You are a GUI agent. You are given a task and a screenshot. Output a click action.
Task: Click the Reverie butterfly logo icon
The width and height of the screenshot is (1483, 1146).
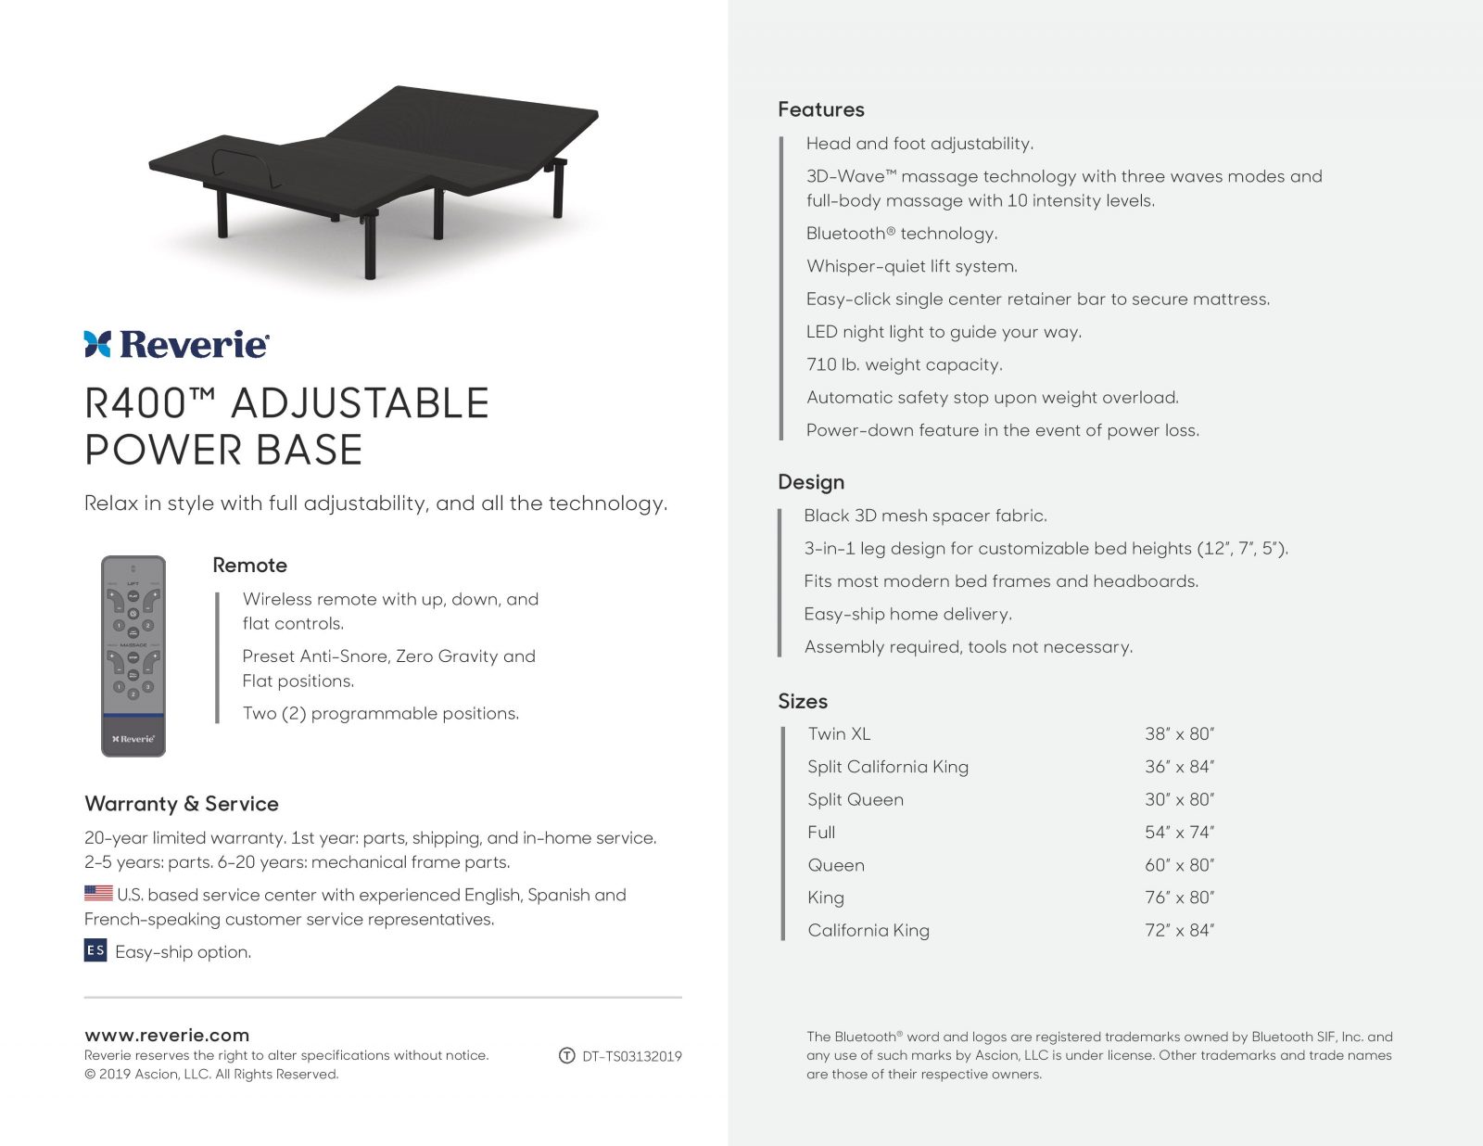pos(97,344)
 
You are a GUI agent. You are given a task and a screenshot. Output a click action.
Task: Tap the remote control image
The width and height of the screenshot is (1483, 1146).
pos(133,656)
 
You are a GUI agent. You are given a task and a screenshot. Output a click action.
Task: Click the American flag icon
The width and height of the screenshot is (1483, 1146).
pos(98,894)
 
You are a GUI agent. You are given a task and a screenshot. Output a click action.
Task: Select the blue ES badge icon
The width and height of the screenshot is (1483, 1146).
pos(95,950)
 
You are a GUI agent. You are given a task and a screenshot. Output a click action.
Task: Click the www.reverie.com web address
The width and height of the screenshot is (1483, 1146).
pos(167,1035)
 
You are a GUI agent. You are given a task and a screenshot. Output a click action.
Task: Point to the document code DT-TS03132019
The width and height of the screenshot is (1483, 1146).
pos(632,1056)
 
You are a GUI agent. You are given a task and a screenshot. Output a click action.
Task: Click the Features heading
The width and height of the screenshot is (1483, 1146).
pos(821,109)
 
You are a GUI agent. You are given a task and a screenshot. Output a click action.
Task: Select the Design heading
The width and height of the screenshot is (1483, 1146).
pos(811,482)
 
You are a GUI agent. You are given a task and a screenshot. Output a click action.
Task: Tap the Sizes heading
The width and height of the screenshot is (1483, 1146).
pos(803,701)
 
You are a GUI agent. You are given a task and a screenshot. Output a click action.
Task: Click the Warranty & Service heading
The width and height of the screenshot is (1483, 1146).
pos(182,804)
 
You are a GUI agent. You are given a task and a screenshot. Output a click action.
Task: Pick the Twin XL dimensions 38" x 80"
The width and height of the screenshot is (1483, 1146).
pos(1179,734)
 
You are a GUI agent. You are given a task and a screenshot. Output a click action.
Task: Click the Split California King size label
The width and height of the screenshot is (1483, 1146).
pos(888,767)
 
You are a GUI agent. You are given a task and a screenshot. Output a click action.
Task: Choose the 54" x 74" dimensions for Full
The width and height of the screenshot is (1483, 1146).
pos(1179,833)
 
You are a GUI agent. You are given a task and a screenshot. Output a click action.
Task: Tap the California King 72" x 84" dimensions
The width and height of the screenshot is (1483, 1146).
pos(1179,931)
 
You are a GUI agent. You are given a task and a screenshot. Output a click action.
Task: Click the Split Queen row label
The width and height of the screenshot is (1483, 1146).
pos(856,799)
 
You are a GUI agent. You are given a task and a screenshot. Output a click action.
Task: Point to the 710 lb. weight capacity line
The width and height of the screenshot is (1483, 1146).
pos(905,365)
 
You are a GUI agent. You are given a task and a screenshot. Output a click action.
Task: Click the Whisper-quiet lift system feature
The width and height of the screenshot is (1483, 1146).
pos(912,267)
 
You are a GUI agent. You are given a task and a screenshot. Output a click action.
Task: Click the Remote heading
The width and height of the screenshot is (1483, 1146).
pos(249,566)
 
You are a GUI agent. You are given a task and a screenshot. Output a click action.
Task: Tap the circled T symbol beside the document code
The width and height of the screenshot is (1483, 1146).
pos(567,1056)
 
